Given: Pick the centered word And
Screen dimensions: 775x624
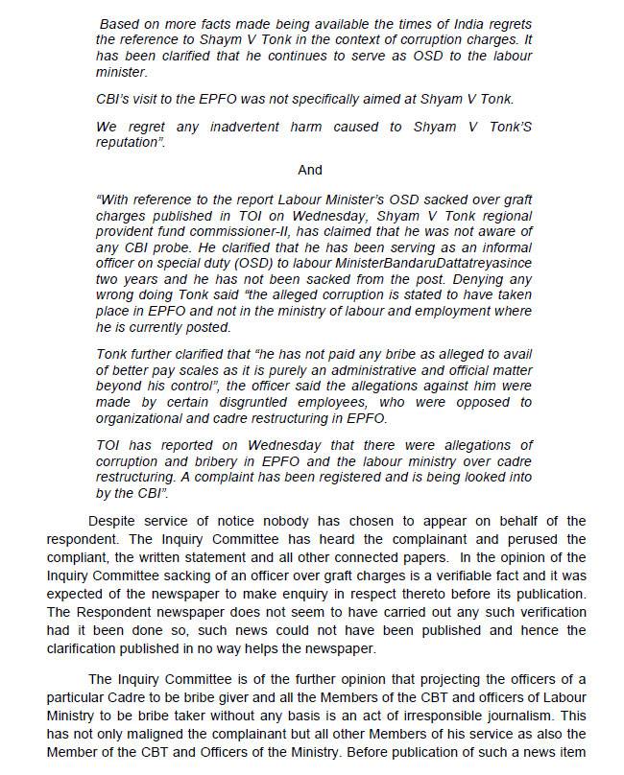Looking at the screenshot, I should (x=310, y=170).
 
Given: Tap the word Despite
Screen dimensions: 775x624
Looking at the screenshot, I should (x=113, y=521).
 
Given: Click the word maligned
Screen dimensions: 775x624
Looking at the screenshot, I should (x=127, y=733).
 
